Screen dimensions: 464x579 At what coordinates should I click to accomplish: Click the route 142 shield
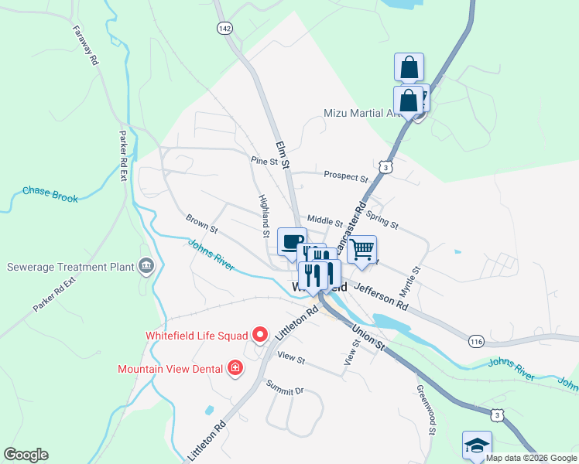pos(224,27)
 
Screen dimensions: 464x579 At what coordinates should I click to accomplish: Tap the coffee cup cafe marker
pos(291,241)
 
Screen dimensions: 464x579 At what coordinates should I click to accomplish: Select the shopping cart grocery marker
pos(361,250)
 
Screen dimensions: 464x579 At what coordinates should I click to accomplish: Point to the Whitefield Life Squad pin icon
pos(260,335)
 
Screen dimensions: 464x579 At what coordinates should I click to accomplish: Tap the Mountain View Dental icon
pos(235,368)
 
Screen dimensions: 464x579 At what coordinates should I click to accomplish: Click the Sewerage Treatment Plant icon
pos(145,267)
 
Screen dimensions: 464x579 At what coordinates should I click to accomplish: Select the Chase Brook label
pos(50,194)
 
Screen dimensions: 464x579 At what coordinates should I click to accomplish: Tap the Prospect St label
pos(345,176)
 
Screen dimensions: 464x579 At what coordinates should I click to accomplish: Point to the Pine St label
pos(263,162)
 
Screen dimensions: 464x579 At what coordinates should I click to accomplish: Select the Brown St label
pos(202,223)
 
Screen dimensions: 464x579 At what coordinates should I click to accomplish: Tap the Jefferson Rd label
pos(380,295)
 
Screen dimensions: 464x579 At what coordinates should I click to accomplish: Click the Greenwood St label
pos(427,410)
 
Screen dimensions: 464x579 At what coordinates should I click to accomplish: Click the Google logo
pos(26,455)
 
